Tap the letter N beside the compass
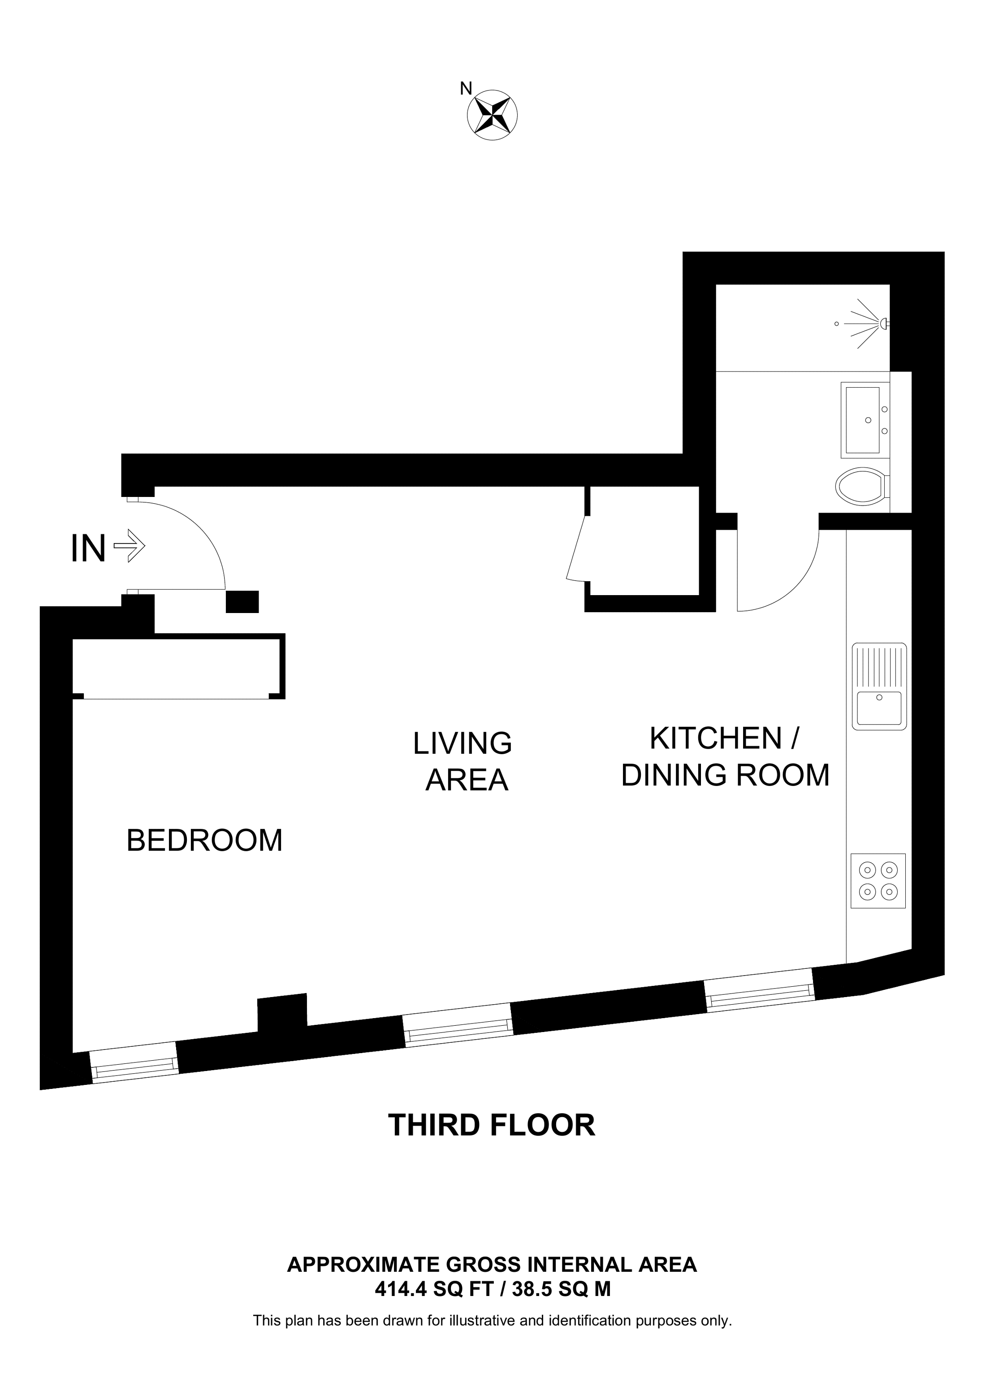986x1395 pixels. pyautogui.click(x=465, y=89)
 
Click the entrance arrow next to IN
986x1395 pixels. pyautogui.click(x=130, y=546)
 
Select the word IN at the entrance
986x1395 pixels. pyautogui.click(x=89, y=548)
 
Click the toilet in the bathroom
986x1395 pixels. pyautogui.click(x=861, y=487)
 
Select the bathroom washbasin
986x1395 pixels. pyautogui.click(x=863, y=420)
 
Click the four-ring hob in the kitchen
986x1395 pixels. pyautogui.click(x=878, y=881)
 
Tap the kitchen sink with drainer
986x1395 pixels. pyautogui.click(x=878, y=687)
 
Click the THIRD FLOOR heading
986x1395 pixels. pyautogui.click(x=492, y=1125)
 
